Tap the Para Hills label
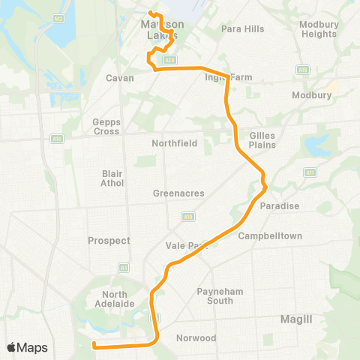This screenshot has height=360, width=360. pos(243,29)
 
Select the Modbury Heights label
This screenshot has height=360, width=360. pos(318,29)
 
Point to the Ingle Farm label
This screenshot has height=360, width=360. pos(229,77)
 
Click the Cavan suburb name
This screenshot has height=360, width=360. pos(120,78)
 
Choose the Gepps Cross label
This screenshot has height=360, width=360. pos(106,126)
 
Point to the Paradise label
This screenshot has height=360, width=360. pos(280,206)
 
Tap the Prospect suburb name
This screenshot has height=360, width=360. pos(109,241)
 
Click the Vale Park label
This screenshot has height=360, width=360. pos(185,245)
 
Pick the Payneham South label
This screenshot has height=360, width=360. pos(215,295)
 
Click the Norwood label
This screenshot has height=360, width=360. pos(196,338)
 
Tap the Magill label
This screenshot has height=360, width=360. pos(296,319)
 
